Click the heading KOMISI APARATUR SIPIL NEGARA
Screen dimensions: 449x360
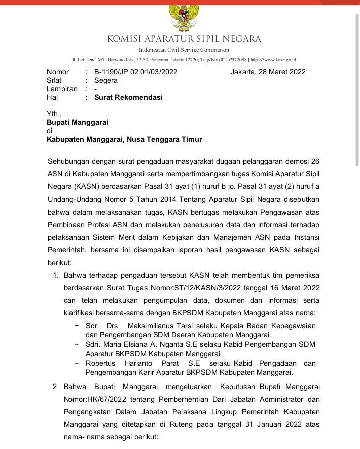coord(184,39)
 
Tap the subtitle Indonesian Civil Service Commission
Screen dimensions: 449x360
coord(184,50)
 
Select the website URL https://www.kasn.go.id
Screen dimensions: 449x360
coord(273,59)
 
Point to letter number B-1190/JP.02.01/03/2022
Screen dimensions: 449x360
coord(135,72)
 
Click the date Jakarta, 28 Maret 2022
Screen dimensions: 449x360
coord(268,72)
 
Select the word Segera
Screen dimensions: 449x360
coord(106,80)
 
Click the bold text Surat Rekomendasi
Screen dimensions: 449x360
coord(128,97)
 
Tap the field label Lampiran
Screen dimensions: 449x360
coord(62,89)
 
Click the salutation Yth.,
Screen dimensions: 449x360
coord(54,114)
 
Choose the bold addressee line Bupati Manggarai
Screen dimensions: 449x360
coord(78,122)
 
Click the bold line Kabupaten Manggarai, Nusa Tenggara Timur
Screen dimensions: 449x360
coord(124,139)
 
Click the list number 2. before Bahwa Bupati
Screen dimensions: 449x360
coord(56,387)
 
